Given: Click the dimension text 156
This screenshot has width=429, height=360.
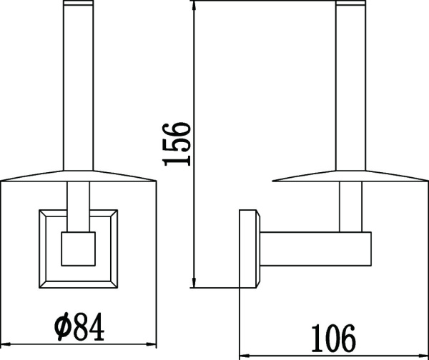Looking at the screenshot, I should click(177, 144).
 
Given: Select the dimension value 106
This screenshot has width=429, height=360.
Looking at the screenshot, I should click(333, 335).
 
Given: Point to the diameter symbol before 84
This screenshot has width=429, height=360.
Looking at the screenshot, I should click(61, 329).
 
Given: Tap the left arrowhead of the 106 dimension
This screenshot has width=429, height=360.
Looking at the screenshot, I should click(243, 352).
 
